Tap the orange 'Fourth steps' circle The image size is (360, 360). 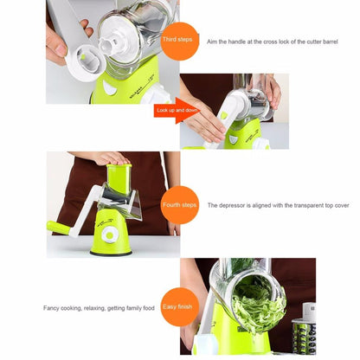point(180,205)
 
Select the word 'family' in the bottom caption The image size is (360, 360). point(136,307)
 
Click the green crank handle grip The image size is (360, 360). point(59,228)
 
